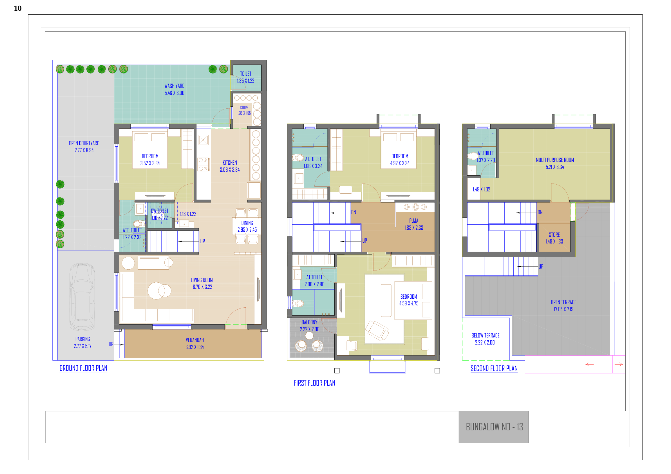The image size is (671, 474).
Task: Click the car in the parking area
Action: point(82,297)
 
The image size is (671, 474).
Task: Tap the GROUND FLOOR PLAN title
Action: point(83,368)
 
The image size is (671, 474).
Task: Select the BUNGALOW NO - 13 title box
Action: point(494,427)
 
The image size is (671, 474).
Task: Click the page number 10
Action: point(17,8)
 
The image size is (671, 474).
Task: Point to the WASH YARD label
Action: point(175,86)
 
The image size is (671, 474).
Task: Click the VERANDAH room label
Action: point(195,340)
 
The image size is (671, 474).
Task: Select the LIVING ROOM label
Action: point(202,280)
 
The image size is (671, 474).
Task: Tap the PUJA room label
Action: point(414,221)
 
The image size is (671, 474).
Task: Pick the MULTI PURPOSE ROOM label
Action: point(555,160)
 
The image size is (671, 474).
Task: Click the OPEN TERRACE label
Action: point(564,302)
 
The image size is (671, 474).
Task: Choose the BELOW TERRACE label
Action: point(486,336)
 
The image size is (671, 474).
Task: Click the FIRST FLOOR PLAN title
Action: point(314,383)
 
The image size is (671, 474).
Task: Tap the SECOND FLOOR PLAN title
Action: point(494,368)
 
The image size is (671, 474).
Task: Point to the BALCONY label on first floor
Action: point(310,322)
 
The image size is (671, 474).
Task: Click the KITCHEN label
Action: point(230,163)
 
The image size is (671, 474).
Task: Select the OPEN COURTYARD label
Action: point(84,143)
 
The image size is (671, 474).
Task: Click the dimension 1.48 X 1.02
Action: point(481,189)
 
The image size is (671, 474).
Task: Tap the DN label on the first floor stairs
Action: point(354,213)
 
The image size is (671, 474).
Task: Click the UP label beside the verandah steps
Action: point(111,344)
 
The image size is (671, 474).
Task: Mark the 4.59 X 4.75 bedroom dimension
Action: point(409,304)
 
